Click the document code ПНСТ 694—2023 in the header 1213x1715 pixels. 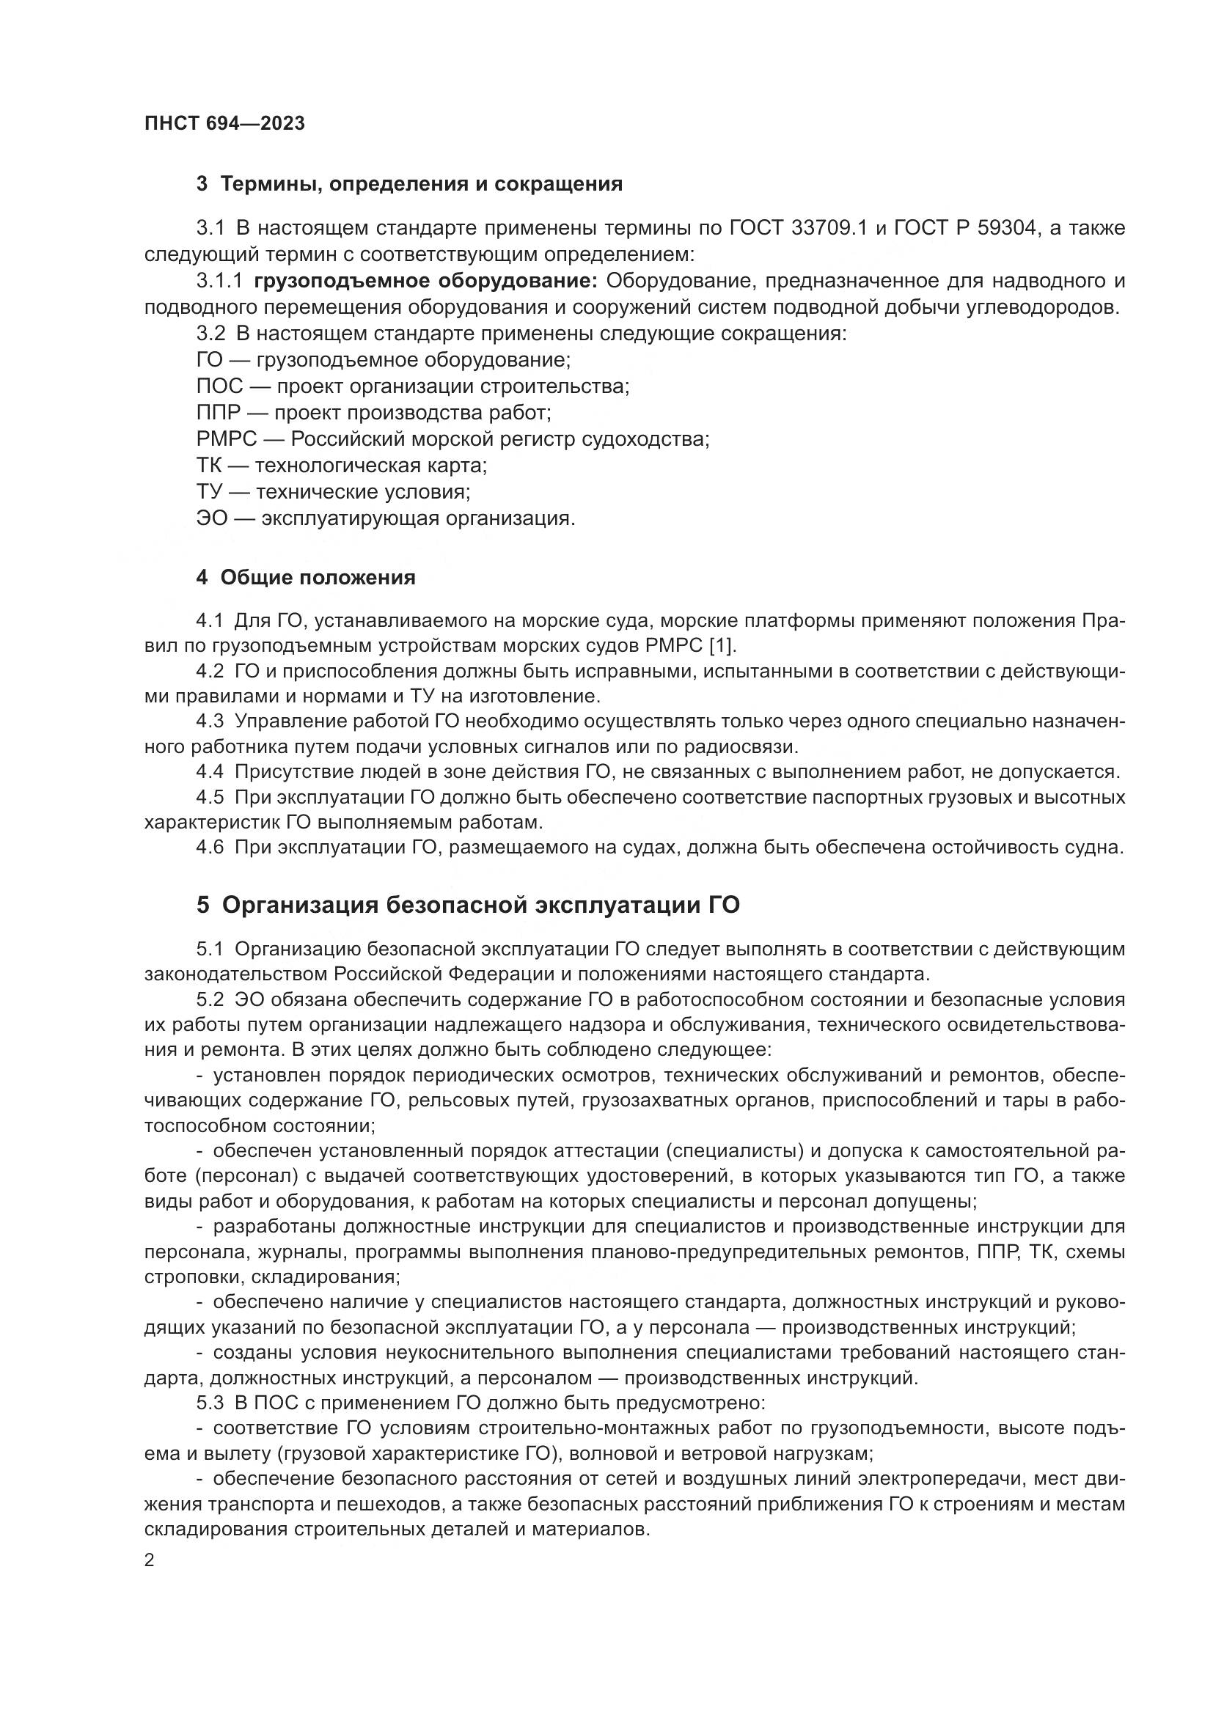tap(225, 124)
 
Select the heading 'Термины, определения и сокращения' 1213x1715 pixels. tap(421, 184)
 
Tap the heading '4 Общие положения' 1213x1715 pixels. tap(306, 577)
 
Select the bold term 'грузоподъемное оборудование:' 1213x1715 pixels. tap(426, 281)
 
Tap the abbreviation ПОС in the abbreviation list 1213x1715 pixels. tap(219, 386)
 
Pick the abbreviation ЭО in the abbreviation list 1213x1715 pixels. tap(211, 518)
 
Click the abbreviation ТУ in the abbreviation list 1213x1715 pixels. tap(210, 491)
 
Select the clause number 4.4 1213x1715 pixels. tap(210, 771)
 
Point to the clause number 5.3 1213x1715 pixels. tap(210, 1402)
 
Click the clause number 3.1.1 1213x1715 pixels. tap(219, 281)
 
